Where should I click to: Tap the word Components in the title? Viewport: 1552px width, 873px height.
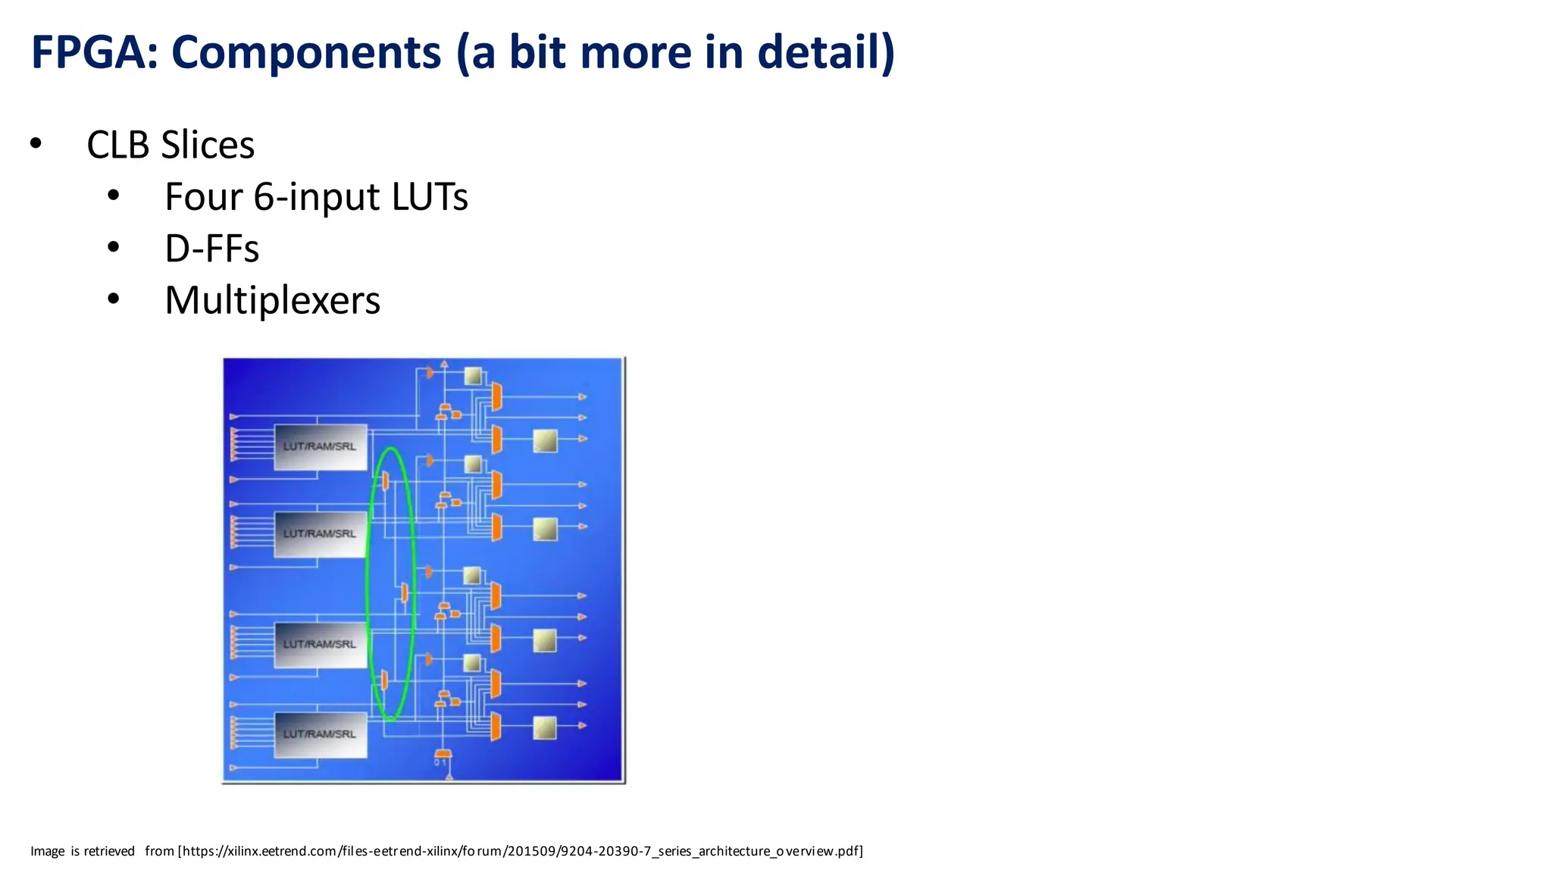tap(306, 52)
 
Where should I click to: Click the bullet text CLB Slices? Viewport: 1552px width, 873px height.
tap(171, 145)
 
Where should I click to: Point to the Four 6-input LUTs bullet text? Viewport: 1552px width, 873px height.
tap(316, 197)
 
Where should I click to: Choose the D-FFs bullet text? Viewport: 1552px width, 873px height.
tap(211, 249)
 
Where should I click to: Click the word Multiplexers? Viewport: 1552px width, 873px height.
tap(272, 300)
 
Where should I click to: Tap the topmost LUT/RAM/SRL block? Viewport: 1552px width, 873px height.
tap(320, 446)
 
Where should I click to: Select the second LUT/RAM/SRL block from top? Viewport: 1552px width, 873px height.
tap(320, 533)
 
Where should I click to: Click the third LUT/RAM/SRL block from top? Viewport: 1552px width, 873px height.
tap(320, 644)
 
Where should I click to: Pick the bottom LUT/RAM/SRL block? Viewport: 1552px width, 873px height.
tap(320, 734)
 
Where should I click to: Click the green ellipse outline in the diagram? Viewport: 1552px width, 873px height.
tap(368, 584)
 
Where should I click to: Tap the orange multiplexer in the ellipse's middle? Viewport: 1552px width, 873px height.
tap(405, 592)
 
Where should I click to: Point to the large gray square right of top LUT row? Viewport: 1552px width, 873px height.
tap(545, 440)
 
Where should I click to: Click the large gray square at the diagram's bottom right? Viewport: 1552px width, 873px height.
tap(545, 728)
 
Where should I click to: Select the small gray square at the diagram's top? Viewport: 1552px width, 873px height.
tap(473, 375)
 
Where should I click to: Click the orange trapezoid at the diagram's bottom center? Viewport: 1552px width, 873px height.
tap(443, 754)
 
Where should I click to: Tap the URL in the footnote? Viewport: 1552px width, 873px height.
tap(521, 851)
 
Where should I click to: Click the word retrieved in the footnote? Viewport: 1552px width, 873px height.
tap(109, 851)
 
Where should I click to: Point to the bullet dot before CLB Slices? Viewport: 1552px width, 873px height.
tap(36, 143)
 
